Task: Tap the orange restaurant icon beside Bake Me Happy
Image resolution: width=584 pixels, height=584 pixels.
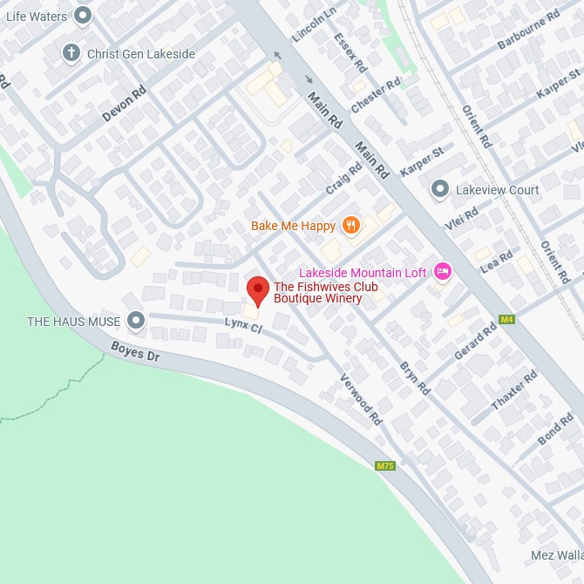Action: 350,226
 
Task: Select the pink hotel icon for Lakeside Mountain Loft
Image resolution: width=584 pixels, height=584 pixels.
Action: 442,273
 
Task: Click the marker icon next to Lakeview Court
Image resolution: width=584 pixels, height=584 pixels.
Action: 440,189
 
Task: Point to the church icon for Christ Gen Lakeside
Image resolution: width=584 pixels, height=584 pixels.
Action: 71,54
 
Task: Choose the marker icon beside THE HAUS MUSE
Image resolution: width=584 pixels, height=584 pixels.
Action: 135,322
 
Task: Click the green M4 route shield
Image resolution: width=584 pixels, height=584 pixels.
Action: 506,319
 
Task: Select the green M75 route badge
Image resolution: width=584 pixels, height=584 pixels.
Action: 385,466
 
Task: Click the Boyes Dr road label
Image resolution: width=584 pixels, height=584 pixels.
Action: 135,351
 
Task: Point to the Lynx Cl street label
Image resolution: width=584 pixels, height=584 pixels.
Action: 243,326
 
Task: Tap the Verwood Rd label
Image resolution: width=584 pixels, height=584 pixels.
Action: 361,399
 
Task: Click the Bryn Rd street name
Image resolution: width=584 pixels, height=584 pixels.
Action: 416,377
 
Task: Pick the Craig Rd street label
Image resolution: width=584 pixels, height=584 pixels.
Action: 343,179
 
